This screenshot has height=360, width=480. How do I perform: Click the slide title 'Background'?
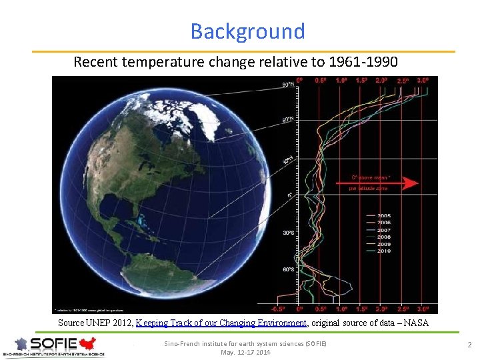pos(247,31)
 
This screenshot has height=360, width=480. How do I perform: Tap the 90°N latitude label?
pos(287,85)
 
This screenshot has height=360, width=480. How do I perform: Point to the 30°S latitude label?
pos(288,233)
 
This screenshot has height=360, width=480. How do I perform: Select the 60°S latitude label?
pos(288,270)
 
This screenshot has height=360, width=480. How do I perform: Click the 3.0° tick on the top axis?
pos(423,80)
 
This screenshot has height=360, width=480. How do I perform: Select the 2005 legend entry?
pos(385,216)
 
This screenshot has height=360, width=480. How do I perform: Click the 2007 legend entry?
pos(385,230)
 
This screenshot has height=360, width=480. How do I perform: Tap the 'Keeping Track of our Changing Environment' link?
pos(221,323)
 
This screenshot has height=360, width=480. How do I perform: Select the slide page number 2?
pos(469,345)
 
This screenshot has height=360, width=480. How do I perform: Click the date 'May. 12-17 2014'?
pos(245,352)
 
